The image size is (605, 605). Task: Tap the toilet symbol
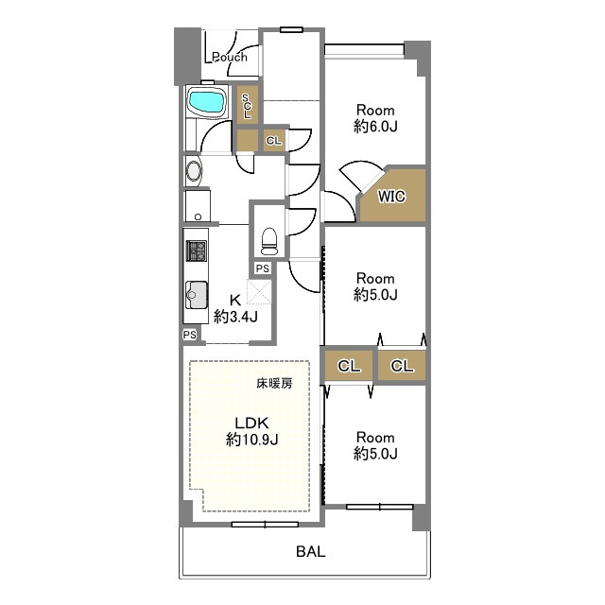click(269, 242)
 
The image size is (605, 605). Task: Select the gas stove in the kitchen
click(197, 251)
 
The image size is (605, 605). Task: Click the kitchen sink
click(197, 295)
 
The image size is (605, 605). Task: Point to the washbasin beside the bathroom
click(194, 170)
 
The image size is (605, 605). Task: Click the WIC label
click(391, 197)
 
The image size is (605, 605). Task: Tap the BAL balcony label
click(311, 551)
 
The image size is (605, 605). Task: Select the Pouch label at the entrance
click(229, 57)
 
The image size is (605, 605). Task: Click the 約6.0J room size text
click(375, 126)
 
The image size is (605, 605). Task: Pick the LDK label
click(251, 423)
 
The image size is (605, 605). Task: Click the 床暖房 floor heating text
click(275, 384)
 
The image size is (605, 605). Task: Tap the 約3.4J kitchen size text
click(235, 317)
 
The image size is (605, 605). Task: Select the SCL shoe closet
click(247, 105)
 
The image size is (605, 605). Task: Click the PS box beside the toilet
click(263, 268)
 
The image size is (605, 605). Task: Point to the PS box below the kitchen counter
click(190, 335)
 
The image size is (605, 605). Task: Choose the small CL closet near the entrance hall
click(274, 141)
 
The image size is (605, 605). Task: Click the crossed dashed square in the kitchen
click(259, 291)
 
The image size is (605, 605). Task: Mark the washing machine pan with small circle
click(198, 206)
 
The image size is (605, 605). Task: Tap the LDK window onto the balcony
click(265, 525)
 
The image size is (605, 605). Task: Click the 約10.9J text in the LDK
click(251, 439)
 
